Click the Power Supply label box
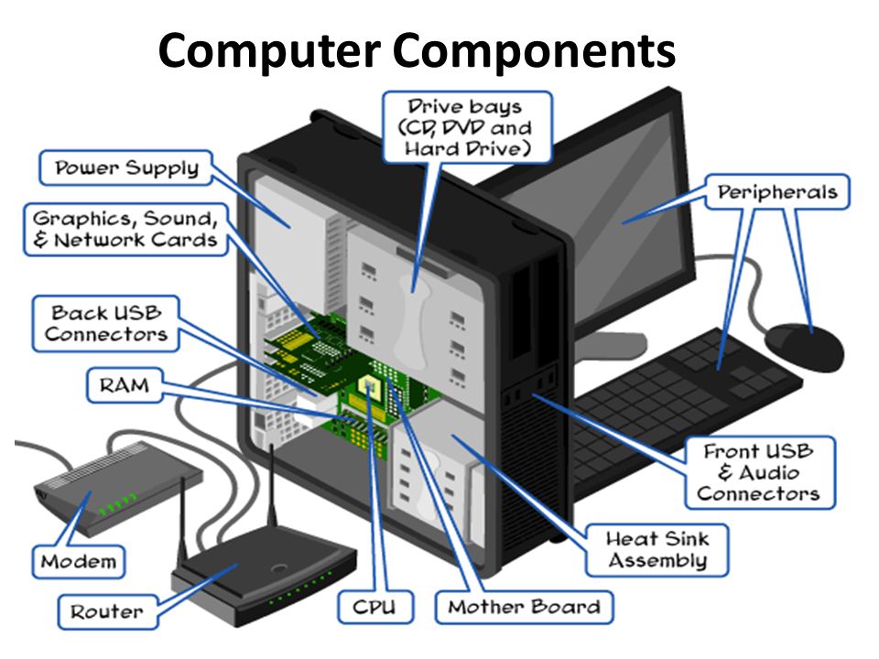[126, 168]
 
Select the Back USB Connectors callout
[106, 323]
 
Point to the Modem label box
[79, 560]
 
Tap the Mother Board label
[525, 606]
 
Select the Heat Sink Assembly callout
[657, 549]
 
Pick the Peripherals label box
[776, 193]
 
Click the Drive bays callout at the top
[467, 126]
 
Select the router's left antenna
[183, 531]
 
